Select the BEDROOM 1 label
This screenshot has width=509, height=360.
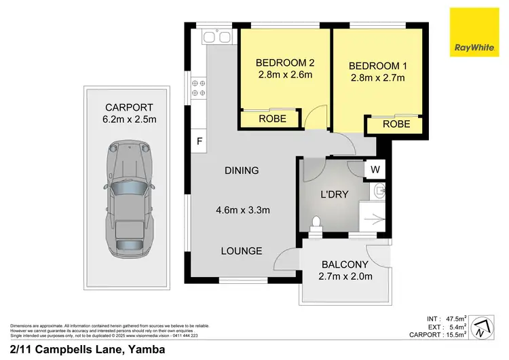pyautogui.click(x=377, y=66)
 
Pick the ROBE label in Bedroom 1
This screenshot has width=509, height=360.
pyautogui.click(x=396, y=124)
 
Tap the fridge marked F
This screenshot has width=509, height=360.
pyautogui.click(x=199, y=142)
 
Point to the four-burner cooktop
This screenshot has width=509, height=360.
pyautogui.click(x=199, y=88)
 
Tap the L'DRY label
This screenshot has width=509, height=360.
pyautogui.click(x=334, y=194)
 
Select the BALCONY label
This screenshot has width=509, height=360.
pyautogui.click(x=345, y=264)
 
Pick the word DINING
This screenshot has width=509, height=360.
pyautogui.click(x=242, y=170)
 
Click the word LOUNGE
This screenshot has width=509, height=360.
pyautogui.click(x=241, y=251)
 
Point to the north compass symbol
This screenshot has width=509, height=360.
pyautogui.click(x=480, y=328)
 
